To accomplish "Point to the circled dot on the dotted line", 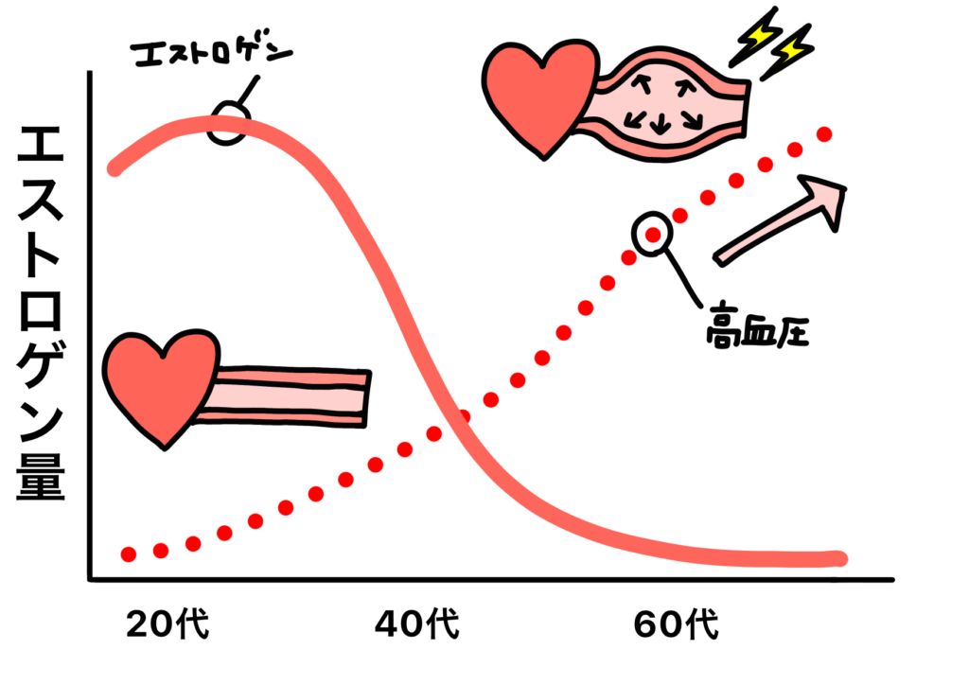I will point(652,234).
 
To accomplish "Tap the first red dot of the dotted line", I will point(129,553).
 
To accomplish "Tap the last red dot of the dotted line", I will point(824,134).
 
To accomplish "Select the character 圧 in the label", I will point(791,333).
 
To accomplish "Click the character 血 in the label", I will point(758,333).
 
